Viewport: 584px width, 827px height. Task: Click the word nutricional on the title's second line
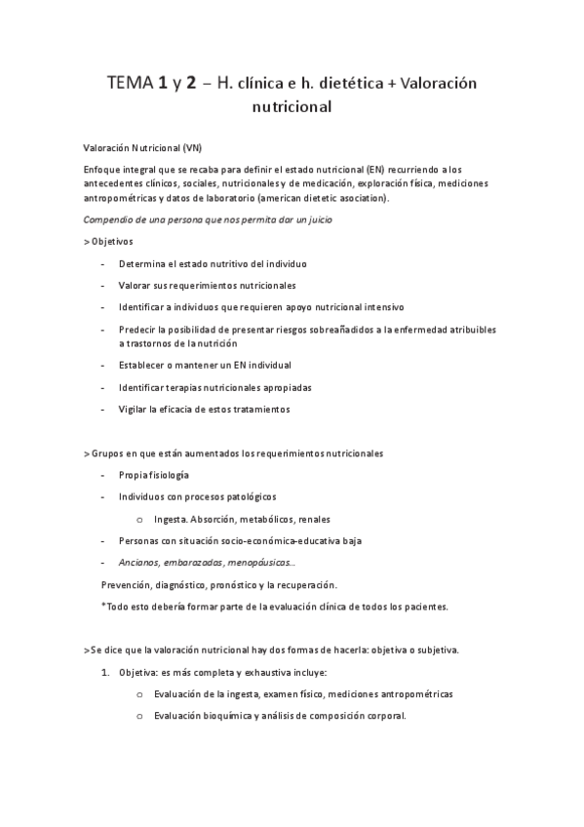pyautogui.click(x=292, y=108)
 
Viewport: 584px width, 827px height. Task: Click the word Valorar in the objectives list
pyautogui.click(x=136, y=286)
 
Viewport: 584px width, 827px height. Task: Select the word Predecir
pyautogui.click(x=140, y=330)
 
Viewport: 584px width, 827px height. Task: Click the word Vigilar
pyautogui.click(x=136, y=409)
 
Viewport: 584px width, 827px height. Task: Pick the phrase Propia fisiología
pyautogui.click(x=154, y=475)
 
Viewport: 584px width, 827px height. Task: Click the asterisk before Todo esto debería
pyautogui.click(x=103, y=606)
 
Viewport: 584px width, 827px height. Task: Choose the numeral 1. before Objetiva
pyautogui.click(x=106, y=673)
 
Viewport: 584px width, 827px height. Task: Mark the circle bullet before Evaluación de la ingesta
pyautogui.click(x=140, y=694)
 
